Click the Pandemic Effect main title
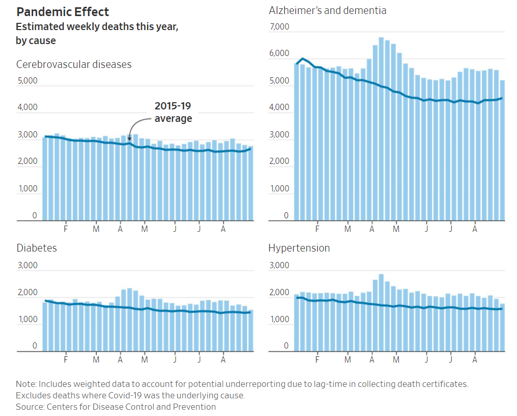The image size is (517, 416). pyautogui.click(x=63, y=12)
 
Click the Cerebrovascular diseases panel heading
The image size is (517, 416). pyautogui.click(x=74, y=64)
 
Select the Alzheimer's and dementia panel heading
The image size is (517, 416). pyautogui.click(x=327, y=10)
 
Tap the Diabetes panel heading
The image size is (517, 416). pyautogui.click(x=37, y=248)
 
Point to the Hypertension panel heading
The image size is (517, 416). pyautogui.click(x=299, y=248)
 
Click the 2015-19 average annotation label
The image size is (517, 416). pyautogui.click(x=173, y=113)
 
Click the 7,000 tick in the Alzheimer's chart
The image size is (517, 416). pyautogui.click(x=280, y=27)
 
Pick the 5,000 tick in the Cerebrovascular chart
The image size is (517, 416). pyautogui.click(x=27, y=81)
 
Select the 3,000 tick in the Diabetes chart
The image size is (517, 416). pyautogui.click(x=27, y=266)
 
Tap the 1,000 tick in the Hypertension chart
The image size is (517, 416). pyautogui.click(x=280, y=320)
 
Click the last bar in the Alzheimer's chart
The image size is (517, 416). pyautogui.click(x=502, y=150)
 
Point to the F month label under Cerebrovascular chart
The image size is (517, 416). pyautogui.click(x=66, y=228)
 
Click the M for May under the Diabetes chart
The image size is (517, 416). pyautogui.click(x=145, y=359)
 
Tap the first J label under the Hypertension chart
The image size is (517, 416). pyautogui.click(x=427, y=359)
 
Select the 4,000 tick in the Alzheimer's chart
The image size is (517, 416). pyautogui.click(x=280, y=108)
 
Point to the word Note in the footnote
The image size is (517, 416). pyautogui.click(x=25, y=384)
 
